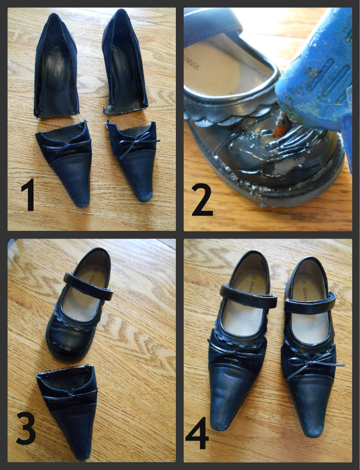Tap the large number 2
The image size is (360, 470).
pyautogui.click(x=202, y=201)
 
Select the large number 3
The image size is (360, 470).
pyautogui.click(x=26, y=428)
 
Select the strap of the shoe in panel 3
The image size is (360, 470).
pyautogui.click(x=88, y=286)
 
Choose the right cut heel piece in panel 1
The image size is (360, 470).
pyautogui.click(x=124, y=64)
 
